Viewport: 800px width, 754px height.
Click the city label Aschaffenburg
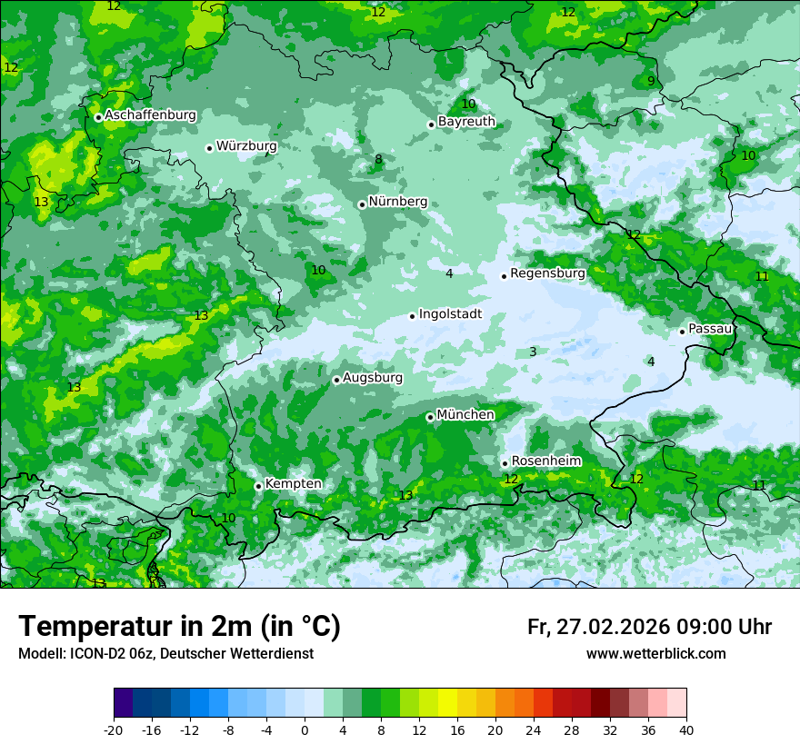[x=150, y=115]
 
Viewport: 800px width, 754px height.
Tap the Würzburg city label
[x=246, y=145]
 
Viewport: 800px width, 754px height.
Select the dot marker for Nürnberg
[x=362, y=204]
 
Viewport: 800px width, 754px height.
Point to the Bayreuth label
[x=466, y=121]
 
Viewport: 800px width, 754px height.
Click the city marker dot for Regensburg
[x=504, y=276]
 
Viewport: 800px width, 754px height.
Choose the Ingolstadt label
[x=450, y=314]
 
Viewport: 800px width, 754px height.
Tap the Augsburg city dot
[x=336, y=380]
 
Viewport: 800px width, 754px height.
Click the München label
[x=465, y=414]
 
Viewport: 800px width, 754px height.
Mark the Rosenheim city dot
[x=505, y=463]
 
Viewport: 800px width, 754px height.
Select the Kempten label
[x=293, y=483]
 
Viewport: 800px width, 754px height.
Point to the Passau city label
[x=710, y=328]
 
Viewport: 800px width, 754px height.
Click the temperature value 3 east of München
[x=533, y=352]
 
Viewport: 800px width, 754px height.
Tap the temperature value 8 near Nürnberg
[x=378, y=160]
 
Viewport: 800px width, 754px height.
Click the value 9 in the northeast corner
[x=651, y=81]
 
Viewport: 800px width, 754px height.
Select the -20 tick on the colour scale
[x=114, y=729]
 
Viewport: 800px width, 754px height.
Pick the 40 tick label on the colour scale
[x=686, y=729]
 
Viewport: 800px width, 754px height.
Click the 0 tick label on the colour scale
[x=305, y=729]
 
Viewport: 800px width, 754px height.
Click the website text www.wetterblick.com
[x=655, y=653]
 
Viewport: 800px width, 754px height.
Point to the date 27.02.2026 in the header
[x=610, y=627]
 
